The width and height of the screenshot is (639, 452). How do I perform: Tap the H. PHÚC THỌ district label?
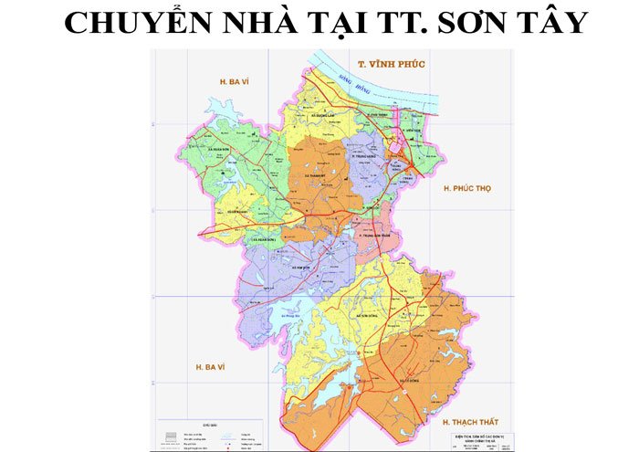click(x=466, y=188)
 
